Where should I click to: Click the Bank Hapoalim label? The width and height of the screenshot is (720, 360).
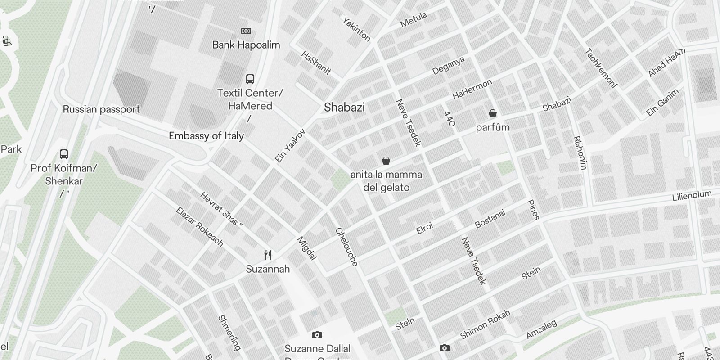[246, 45]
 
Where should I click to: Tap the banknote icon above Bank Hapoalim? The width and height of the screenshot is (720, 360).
[246, 31]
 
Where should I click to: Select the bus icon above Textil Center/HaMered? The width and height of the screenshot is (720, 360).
[250, 79]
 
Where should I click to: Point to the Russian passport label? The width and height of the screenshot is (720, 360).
[101, 109]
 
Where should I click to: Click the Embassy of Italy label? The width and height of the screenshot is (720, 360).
[206, 136]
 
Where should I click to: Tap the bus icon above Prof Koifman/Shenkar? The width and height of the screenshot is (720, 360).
[64, 154]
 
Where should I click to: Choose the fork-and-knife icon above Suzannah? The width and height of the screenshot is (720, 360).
[268, 255]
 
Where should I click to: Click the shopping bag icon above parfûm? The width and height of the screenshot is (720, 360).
[493, 113]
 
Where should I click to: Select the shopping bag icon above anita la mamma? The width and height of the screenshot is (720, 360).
[386, 161]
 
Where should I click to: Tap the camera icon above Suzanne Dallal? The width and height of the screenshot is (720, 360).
[317, 335]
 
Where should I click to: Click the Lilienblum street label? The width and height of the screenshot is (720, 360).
[692, 196]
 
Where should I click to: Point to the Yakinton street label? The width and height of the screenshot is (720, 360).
[357, 29]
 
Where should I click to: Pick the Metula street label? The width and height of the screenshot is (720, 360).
[413, 20]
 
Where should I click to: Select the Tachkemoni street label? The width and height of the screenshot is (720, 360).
[601, 67]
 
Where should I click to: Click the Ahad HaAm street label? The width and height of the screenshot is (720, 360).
[666, 63]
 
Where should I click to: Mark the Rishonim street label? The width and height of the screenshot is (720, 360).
[580, 153]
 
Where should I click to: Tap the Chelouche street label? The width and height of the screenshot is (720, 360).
[346, 247]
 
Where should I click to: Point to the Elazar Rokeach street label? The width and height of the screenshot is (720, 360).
[199, 227]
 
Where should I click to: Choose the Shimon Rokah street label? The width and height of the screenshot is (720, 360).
[485, 324]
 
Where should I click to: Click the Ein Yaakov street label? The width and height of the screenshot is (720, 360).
[290, 145]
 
